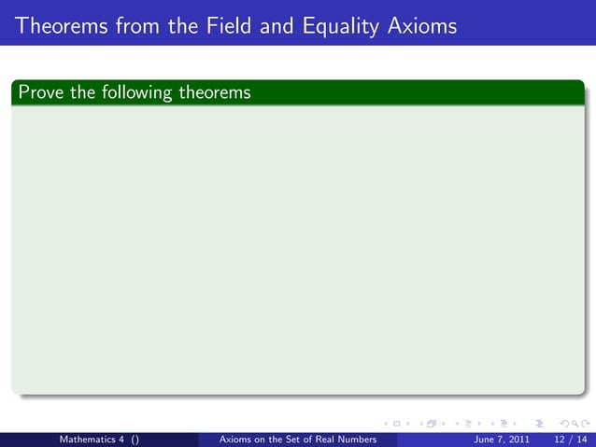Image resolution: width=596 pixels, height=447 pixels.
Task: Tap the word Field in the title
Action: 220,26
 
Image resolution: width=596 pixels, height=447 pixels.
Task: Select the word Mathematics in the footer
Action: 90,439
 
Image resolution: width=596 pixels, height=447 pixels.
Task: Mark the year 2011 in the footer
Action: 520,439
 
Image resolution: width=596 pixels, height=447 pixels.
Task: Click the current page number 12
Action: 560,439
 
